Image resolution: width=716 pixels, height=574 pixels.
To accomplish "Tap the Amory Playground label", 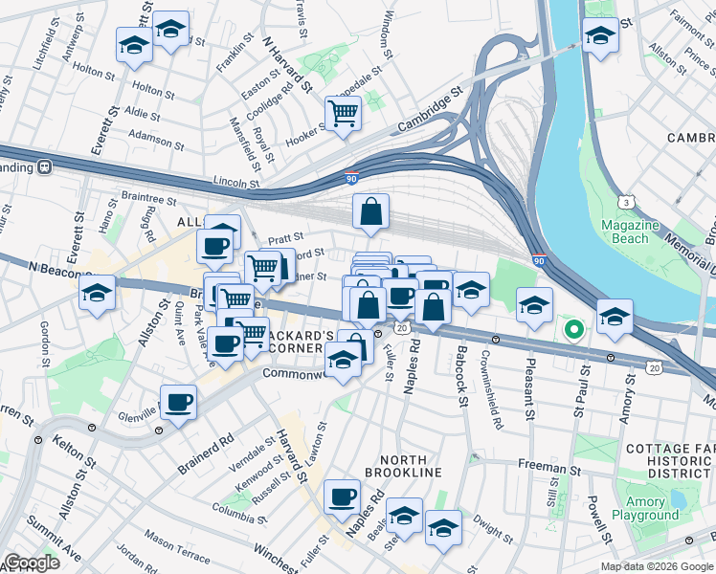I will [x=645, y=508].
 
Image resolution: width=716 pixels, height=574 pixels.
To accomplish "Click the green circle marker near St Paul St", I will [x=573, y=331].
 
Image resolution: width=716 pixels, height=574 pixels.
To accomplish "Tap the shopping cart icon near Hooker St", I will [x=343, y=114].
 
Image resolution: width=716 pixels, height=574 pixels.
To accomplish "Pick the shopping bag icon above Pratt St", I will [x=370, y=211].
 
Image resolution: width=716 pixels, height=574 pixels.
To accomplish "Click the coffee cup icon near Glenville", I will [x=178, y=402].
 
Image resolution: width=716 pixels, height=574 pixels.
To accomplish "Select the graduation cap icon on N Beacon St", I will [x=97, y=292].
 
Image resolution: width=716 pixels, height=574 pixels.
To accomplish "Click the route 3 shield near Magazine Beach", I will [x=626, y=202].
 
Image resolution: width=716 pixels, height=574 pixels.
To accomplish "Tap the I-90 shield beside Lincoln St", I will [x=351, y=176].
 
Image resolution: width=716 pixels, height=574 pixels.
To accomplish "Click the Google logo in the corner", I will [x=32, y=563].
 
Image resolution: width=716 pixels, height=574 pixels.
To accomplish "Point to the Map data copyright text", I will [x=656, y=566].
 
